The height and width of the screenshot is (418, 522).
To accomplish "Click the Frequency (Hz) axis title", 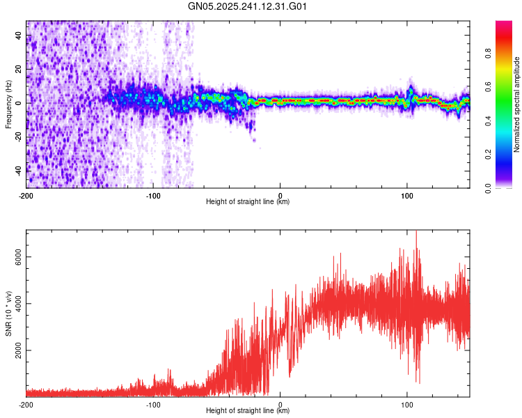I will tap(8, 104).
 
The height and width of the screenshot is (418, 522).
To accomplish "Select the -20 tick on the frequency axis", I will tap(19, 137).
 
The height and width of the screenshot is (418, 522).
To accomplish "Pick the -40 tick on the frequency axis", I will tap(19, 170).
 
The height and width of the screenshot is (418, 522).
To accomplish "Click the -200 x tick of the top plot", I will tap(26, 195).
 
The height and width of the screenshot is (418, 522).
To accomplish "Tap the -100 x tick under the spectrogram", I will tap(153, 195).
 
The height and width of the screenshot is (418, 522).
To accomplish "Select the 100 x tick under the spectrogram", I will tap(407, 195).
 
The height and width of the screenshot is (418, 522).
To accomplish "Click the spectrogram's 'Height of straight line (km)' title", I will tap(248, 202).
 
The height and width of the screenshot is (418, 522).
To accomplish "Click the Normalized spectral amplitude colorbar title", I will tap(516, 104).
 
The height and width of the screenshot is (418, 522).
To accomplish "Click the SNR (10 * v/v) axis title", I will tap(8, 313).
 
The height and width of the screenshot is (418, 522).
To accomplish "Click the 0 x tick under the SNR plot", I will tap(280, 404).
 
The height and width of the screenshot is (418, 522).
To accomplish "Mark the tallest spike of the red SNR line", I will tap(416, 232).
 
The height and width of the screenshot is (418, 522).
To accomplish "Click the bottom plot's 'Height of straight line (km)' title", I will tap(248, 411).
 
